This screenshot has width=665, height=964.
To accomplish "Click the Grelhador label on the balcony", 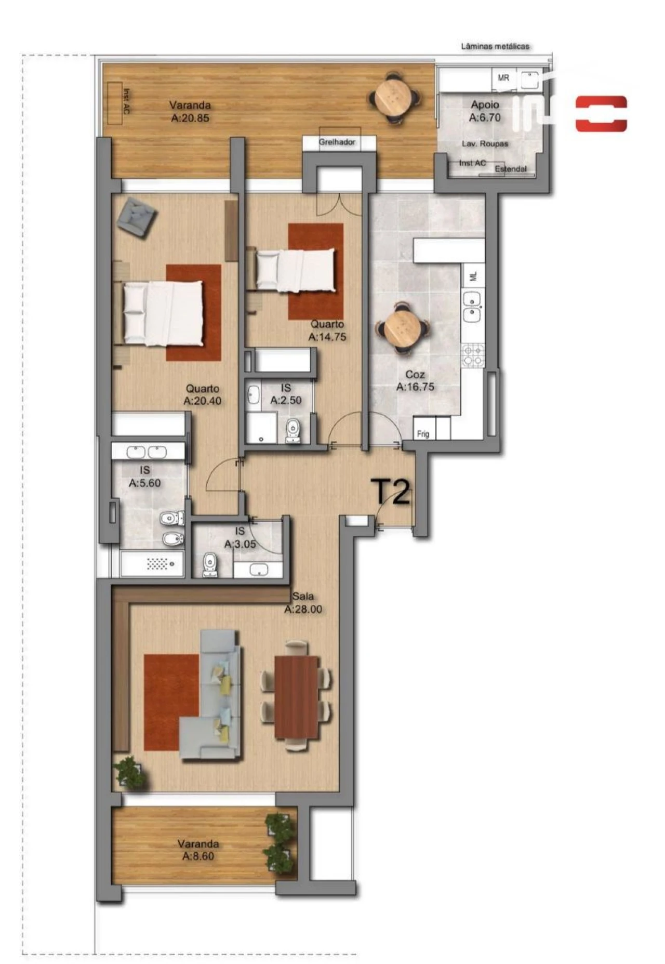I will click(x=337, y=142).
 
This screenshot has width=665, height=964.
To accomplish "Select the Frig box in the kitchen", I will click(x=423, y=433).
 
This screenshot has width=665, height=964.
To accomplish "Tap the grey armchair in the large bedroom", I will click(x=137, y=219).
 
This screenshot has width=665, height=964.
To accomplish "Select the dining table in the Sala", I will click(x=296, y=696).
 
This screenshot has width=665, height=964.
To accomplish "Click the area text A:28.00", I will click(x=303, y=609).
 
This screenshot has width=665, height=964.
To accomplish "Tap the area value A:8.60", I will click(x=198, y=856).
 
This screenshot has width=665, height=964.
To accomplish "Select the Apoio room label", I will click(x=485, y=105).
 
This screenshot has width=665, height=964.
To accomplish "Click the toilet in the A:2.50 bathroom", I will click(x=293, y=431).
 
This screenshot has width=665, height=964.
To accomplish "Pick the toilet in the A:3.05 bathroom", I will click(x=209, y=563).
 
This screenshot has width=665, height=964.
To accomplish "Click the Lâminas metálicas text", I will click(x=495, y=46).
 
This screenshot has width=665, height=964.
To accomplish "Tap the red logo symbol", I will click(x=601, y=113).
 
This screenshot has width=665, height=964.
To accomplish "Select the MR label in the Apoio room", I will click(x=503, y=78).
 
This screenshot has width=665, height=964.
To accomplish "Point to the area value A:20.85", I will click(x=190, y=118).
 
